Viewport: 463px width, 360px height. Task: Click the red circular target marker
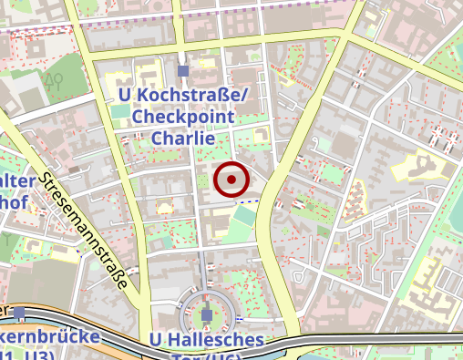click(x=231, y=180)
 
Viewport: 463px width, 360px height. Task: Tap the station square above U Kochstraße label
click(x=183, y=70)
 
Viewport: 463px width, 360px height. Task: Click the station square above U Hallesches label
click(x=207, y=315)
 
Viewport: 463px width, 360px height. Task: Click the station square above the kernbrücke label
click(x=19, y=313)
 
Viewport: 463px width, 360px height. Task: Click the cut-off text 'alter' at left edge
click(x=20, y=180)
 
